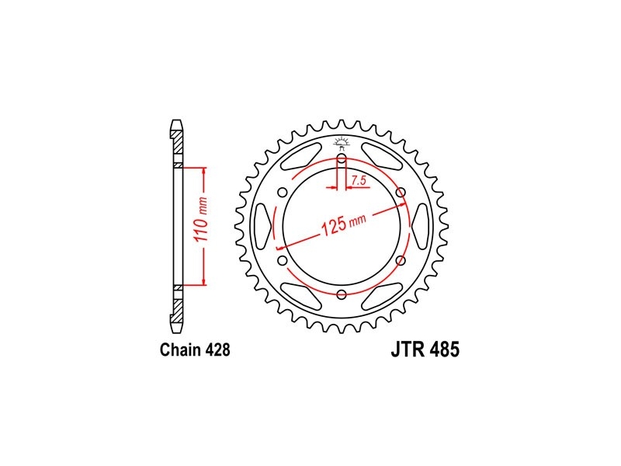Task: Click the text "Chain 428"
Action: point(195,350)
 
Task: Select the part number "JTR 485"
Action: point(425,350)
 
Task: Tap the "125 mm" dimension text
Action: point(343,225)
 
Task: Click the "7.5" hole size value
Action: point(359,181)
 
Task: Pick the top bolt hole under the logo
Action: point(342,160)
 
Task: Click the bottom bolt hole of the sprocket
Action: point(342,294)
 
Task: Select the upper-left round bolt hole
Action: point(283,193)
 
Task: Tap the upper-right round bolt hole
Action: point(401,193)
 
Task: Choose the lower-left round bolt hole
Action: point(283,261)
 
